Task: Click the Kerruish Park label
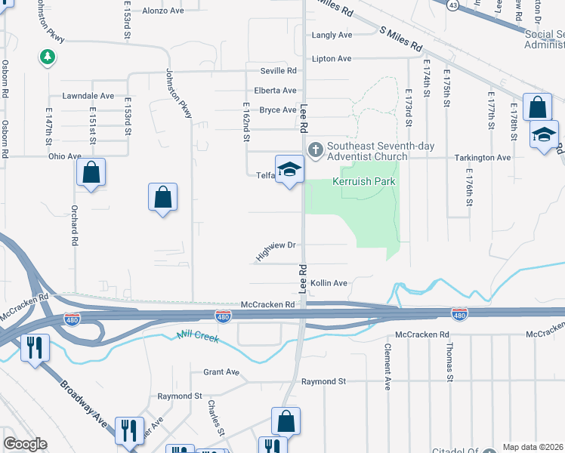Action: pyautogui.click(x=365, y=182)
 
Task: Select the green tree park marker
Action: pyautogui.click(x=48, y=57)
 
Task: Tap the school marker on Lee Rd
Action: pyautogui.click(x=289, y=171)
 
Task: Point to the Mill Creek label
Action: pyautogui.click(x=198, y=337)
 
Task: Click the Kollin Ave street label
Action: pyautogui.click(x=329, y=283)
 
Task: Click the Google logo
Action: pyautogui.click(x=24, y=444)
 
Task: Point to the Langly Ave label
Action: pyautogui.click(x=332, y=35)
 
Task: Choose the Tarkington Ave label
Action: pyautogui.click(x=482, y=158)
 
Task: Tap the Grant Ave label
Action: pyautogui.click(x=221, y=372)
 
